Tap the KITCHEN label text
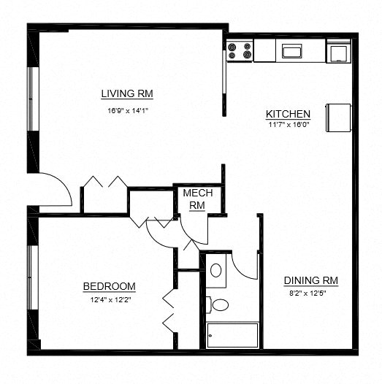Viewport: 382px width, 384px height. pyautogui.click(x=288, y=114)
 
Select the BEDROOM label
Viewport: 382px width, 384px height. pyautogui.click(x=109, y=286)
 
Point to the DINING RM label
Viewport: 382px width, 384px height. pyautogui.click(x=310, y=280)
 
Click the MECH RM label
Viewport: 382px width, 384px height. pyautogui.click(x=197, y=199)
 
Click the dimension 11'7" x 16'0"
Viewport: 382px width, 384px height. pyautogui.click(x=288, y=124)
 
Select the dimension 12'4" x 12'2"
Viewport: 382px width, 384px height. pyautogui.click(x=110, y=299)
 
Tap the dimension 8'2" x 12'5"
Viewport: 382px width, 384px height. pyautogui.click(x=310, y=293)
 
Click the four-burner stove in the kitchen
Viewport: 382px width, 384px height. pyautogui.click(x=240, y=50)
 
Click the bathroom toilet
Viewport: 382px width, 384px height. pyautogui.click(x=217, y=304)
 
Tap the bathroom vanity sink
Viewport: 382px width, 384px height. pyautogui.click(x=216, y=270)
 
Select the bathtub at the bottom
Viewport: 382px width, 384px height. pyautogui.click(x=232, y=335)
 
